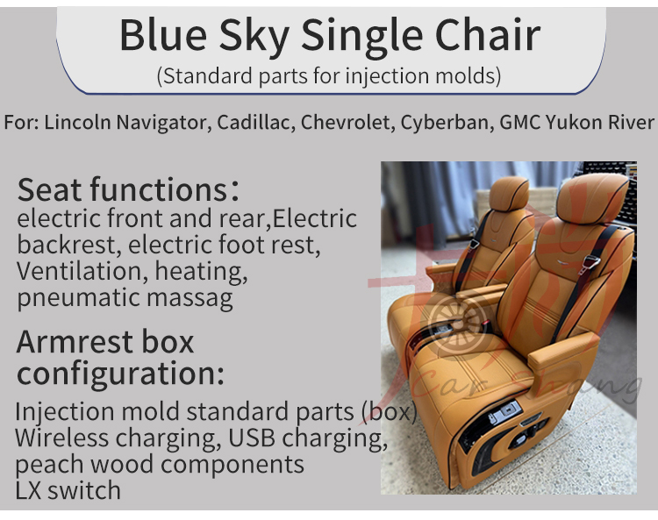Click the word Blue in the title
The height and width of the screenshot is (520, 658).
(x=163, y=35)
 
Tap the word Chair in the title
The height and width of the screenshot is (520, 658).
(x=488, y=35)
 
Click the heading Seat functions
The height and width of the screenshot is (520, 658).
(x=128, y=189)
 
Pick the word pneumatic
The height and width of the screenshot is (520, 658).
(x=78, y=298)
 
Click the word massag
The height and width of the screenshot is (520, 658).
(x=190, y=299)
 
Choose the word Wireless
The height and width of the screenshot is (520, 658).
(x=62, y=438)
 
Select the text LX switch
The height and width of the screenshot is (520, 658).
(x=68, y=490)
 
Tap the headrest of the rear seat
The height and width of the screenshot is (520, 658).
(x=509, y=193)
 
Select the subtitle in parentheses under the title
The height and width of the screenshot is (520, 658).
(x=329, y=76)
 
